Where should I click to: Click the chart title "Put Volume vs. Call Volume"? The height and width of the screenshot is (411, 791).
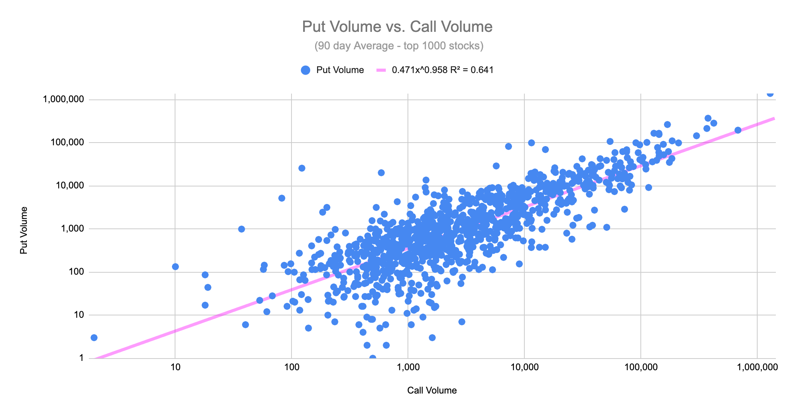[397, 27]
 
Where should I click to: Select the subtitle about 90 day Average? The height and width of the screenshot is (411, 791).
[399, 46]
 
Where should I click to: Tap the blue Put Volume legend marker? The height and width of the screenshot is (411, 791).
[305, 70]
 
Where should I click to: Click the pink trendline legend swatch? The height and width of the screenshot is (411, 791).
[381, 70]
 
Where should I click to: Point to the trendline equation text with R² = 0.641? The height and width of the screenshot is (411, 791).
[442, 70]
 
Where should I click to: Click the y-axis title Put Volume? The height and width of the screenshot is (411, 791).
[24, 230]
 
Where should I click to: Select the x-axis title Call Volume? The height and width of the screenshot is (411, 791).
[432, 390]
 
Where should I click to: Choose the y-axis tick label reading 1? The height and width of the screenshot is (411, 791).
[82, 358]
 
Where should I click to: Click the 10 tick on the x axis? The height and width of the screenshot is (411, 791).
[175, 367]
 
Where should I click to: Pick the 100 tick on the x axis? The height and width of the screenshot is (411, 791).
[291, 367]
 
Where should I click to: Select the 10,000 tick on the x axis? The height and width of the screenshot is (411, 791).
[524, 367]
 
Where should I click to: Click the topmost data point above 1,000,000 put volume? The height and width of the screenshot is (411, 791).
[770, 93]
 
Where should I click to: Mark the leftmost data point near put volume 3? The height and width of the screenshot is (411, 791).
[94, 338]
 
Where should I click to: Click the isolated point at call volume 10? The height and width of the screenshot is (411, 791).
[175, 266]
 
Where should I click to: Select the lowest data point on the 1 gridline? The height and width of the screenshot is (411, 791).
[373, 357]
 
